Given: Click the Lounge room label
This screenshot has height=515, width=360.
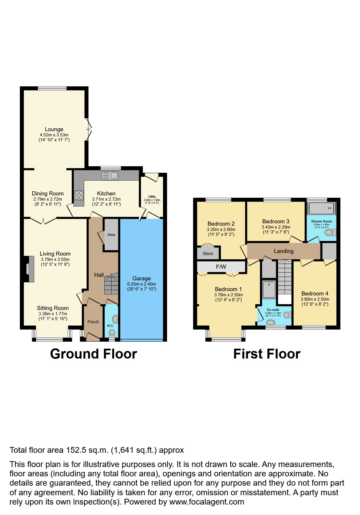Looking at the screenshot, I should pyautogui.click(x=54, y=129).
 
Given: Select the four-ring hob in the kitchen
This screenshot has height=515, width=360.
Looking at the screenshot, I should pyautogui.click(x=79, y=195).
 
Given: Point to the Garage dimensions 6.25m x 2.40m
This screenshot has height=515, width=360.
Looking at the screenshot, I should pyautogui.click(x=142, y=284).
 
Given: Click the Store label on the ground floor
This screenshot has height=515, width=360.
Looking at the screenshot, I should pyautogui.click(x=111, y=235).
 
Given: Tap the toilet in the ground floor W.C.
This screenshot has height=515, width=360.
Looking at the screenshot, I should pyautogui.click(x=112, y=332).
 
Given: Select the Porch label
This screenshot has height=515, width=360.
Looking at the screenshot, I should pyautogui.click(x=93, y=322).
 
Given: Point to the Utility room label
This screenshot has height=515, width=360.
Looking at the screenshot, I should pyautogui.click(x=152, y=197).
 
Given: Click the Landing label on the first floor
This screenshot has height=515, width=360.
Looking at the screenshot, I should pyautogui.click(x=284, y=251).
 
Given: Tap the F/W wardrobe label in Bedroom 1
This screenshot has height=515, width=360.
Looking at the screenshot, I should pyautogui.click(x=221, y=267).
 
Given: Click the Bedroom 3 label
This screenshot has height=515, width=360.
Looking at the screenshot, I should pyautogui.click(x=276, y=222).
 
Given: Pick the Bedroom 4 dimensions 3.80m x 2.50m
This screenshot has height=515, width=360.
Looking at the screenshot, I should pyautogui.click(x=315, y=299).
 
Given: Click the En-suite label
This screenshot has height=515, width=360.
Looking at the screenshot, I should pyautogui.click(x=273, y=310).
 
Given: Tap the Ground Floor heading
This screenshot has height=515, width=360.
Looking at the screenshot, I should pyautogui.click(x=94, y=354).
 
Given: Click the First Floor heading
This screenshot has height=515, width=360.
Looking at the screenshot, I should pyautogui.click(x=267, y=354).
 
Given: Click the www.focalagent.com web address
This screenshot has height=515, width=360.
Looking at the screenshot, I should pyautogui.click(x=207, y=502).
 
